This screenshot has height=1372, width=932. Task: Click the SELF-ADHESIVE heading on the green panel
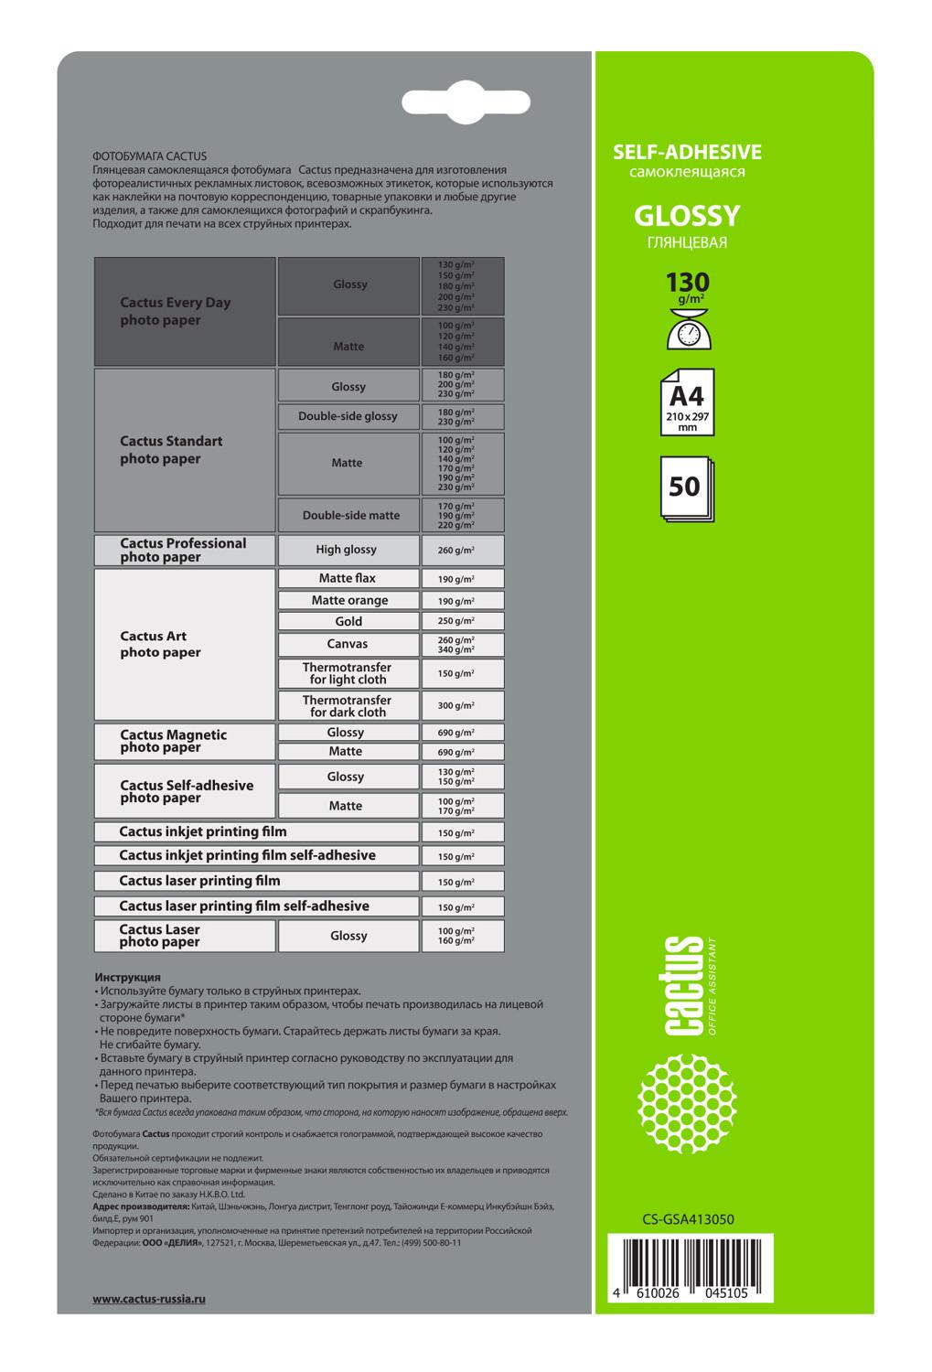(x=686, y=153)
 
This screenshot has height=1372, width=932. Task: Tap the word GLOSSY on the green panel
(x=686, y=216)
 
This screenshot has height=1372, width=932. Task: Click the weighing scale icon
(x=687, y=327)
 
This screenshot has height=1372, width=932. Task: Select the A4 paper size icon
(x=686, y=402)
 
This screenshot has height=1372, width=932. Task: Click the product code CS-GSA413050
(x=688, y=1218)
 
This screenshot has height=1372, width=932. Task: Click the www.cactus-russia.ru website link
(x=149, y=1299)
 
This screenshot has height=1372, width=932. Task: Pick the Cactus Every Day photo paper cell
(x=185, y=311)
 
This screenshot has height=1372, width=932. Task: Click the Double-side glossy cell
(x=348, y=416)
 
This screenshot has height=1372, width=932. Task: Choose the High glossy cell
(x=348, y=550)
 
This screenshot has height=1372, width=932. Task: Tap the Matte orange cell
(x=348, y=600)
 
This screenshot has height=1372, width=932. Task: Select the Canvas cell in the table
(x=348, y=644)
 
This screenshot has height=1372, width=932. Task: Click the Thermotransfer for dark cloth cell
(x=348, y=705)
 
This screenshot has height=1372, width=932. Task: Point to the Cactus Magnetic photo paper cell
(x=185, y=742)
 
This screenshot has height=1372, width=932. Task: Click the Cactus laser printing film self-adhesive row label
(x=244, y=906)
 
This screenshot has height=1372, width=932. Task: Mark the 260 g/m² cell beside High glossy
(x=462, y=551)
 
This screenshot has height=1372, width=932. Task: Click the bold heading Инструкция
(x=127, y=977)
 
